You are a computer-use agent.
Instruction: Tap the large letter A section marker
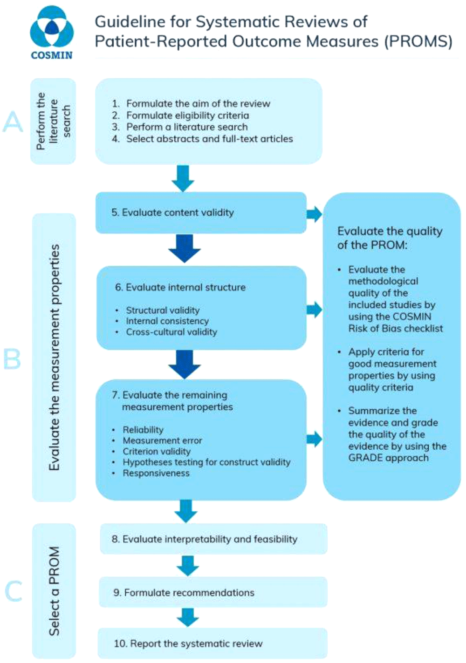pyautogui.click(x=13, y=122)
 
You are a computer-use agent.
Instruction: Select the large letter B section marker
pyautogui.click(x=12, y=359)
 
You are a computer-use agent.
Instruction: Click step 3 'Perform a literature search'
pyautogui.click(x=187, y=127)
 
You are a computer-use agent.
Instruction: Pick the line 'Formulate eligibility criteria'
pyautogui.click(x=187, y=115)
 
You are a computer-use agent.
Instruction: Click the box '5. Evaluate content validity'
pyautogui.click(x=201, y=213)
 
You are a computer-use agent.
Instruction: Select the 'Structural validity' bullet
pyautogui.click(x=162, y=310)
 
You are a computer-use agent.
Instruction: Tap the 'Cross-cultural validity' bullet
pyautogui.click(x=171, y=332)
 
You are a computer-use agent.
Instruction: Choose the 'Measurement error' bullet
pyautogui.click(x=162, y=440)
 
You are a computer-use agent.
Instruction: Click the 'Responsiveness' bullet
pyautogui.click(x=156, y=473)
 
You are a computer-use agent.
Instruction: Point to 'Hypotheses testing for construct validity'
pyautogui.click(x=206, y=462)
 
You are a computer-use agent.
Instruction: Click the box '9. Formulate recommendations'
pyautogui.click(x=213, y=592)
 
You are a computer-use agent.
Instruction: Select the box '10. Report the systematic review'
pyautogui.click(x=212, y=643)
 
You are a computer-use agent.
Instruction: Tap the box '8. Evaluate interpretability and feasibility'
pyautogui.click(x=213, y=539)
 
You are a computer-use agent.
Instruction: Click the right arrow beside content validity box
pyautogui.click(x=315, y=214)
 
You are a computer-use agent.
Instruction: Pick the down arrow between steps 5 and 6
pyautogui.click(x=185, y=248)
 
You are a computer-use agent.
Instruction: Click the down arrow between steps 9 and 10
pyautogui.click(x=188, y=617)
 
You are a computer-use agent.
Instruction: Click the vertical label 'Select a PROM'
pyautogui.click(x=55, y=591)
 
